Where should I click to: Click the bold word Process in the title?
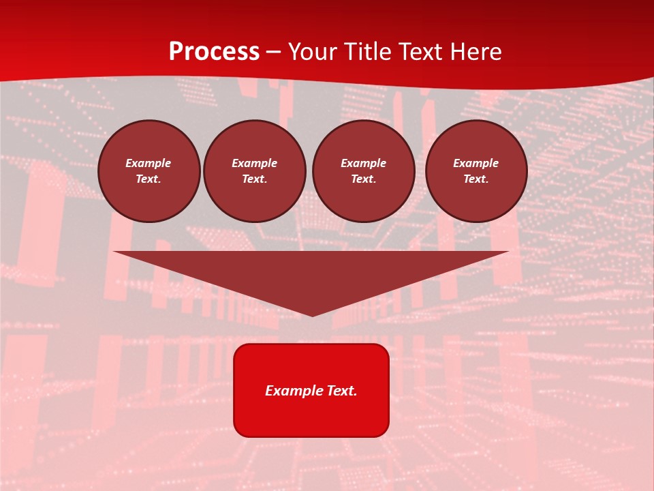pyautogui.click(x=214, y=52)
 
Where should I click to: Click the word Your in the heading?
pyautogui.click(x=313, y=52)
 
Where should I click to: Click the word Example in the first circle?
pyautogui.click(x=149, y=163)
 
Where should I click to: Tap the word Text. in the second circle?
pyautogui.click(x=255, y=179)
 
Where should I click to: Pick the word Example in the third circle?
pyautogui.click(x=364, y=163)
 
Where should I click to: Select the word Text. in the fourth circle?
pyautogui.click(x=476, y=179)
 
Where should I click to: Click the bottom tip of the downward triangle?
pyautogui.click(x=312, y=315)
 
